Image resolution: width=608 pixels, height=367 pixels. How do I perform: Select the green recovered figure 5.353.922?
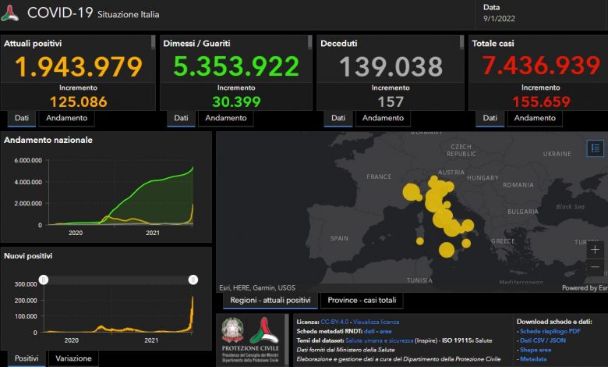(x=236, y=67)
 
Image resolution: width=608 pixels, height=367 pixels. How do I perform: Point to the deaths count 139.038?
(x=391, y=67)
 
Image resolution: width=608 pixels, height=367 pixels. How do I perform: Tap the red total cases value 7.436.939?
(x=540, y=67)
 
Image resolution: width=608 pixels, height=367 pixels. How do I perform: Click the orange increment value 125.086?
(x=78, y=102)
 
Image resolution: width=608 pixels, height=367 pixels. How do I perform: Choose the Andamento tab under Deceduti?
(x=383, y=118)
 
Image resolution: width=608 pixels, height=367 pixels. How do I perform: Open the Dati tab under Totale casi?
(x=490, y=118)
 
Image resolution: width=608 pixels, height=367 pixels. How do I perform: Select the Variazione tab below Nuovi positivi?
(x=74, y=358)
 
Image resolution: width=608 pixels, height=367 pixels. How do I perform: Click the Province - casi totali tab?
(x=362, y=301)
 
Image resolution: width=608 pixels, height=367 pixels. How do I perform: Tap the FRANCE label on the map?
(x=379, y=177)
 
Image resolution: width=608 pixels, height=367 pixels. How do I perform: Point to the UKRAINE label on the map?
(x=557, y=154)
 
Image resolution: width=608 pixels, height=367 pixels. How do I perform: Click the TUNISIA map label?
(x=419, y=280)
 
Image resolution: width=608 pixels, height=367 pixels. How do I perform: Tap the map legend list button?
(x=596, y=148)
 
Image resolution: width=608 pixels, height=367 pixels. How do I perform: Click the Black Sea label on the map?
(x=569, y=207)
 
